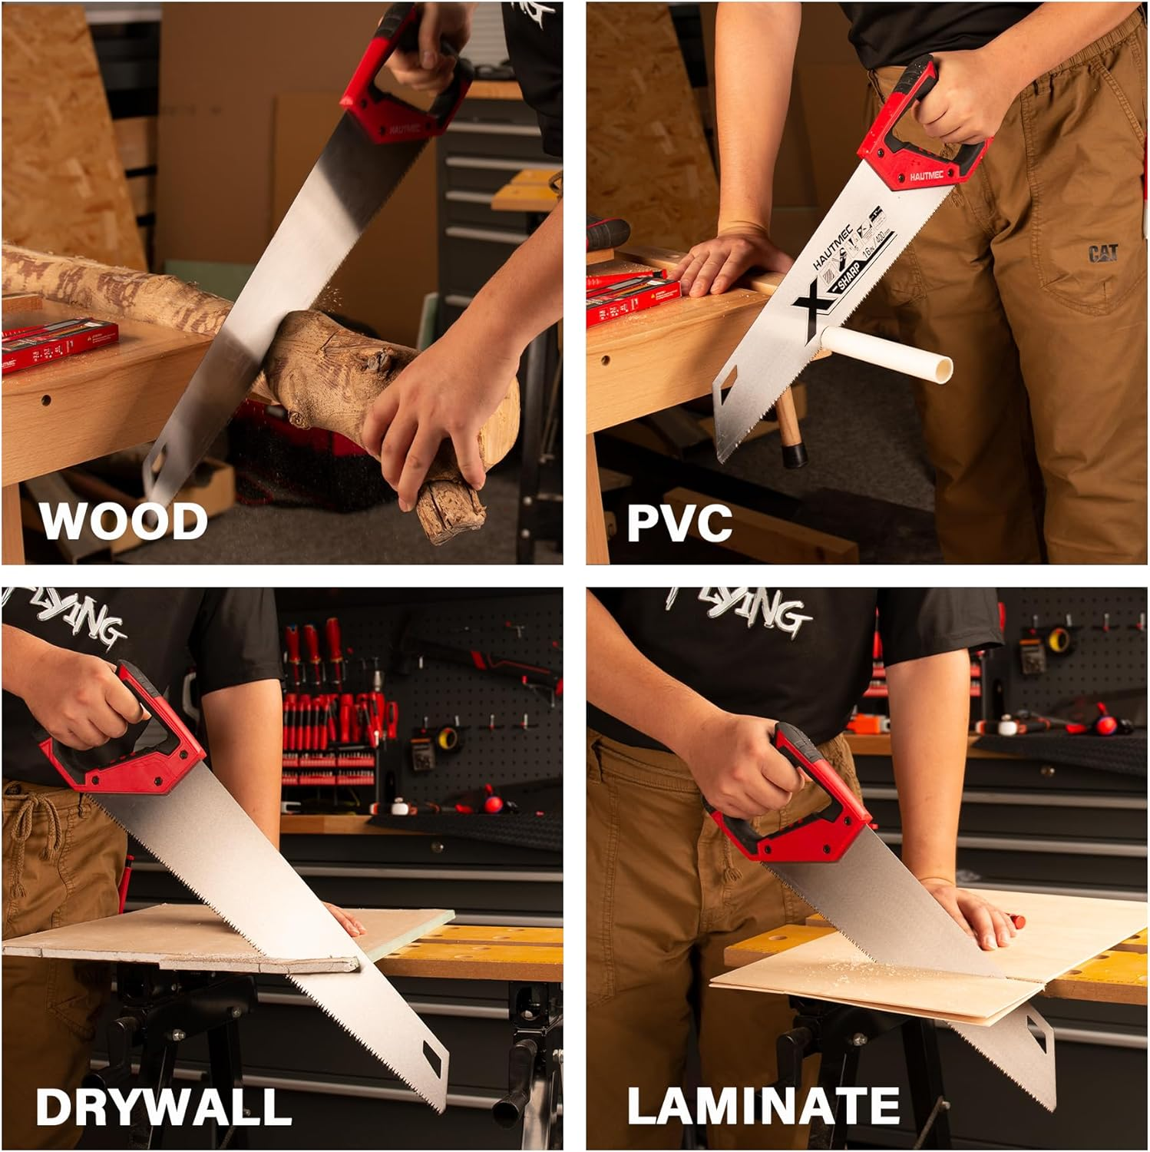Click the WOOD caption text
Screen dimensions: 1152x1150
tap(124, 521)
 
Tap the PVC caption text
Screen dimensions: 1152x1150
tap(679, 522)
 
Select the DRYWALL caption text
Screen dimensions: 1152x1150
tap(164, 1107)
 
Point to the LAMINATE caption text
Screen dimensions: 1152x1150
tap(763, 1106)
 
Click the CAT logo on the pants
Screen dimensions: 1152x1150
tap(1103, 253)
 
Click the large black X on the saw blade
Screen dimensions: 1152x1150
tap(814, 311)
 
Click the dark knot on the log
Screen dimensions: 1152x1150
tap(376, 361)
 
